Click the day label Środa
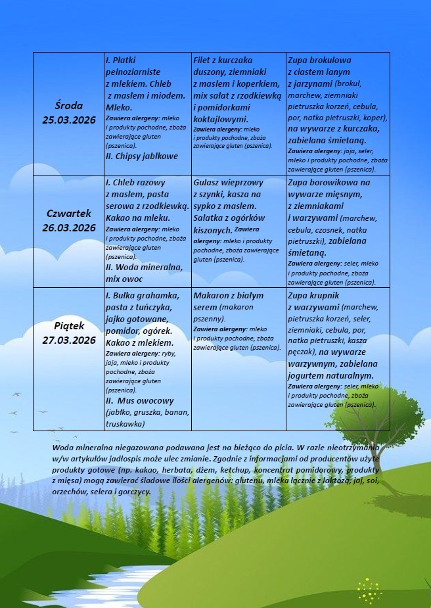[69, 106]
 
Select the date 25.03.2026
[69, 120]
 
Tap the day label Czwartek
[69, 214]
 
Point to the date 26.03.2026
[69, 227]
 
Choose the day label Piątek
[69, 326]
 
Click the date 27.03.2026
[69, 340]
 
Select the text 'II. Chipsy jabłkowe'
[141, 156]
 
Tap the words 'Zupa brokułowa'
[319, 60]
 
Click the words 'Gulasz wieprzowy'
[228, 182]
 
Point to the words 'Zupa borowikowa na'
[329, 182]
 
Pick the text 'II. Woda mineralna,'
[144, 268]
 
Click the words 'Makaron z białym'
[228, 296]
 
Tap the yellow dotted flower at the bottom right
[370, 590]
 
